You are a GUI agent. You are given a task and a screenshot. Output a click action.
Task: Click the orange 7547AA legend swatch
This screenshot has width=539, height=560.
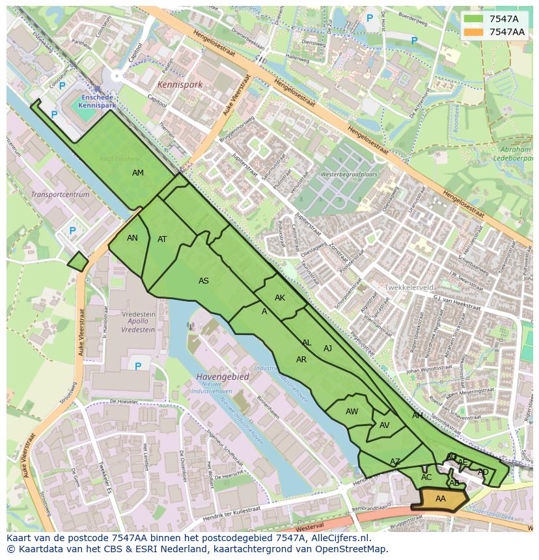(473, 32)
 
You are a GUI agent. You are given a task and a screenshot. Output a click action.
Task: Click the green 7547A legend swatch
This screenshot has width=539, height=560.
(473, 19)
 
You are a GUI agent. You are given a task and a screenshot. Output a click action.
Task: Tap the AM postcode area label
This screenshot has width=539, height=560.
(138, 173)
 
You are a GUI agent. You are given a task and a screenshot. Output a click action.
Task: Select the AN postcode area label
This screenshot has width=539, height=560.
(132, 238)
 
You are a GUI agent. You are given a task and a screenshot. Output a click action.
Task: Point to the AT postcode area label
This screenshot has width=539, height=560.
(162, 239)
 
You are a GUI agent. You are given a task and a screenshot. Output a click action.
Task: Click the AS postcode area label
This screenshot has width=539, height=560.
(204, 281)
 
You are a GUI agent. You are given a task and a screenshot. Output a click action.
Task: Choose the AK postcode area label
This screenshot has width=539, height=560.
(280, 298)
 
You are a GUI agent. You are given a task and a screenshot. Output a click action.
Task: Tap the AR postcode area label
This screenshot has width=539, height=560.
(301, 360)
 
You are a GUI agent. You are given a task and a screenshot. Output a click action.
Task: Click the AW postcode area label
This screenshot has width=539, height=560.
(352, 412)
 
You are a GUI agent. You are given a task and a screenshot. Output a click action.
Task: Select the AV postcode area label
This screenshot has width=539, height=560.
(384, 425)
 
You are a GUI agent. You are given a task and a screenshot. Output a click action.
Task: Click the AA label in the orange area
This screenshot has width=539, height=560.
(441, 499)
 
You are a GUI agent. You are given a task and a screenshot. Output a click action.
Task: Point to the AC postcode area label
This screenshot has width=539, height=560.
(426, 477)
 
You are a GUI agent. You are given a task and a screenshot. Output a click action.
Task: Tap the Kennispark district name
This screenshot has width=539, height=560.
(180, 85)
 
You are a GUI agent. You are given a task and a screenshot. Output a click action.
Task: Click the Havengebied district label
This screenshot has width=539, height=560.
(222, 377)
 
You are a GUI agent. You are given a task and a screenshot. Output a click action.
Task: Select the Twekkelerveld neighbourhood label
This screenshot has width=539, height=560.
(409, 287)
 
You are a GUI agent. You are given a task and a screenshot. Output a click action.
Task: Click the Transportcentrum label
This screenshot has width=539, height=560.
(60, 194)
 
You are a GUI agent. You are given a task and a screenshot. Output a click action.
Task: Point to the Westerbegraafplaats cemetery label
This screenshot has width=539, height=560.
(350, 175)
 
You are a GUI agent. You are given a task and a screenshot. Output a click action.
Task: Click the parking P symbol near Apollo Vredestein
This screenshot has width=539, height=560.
(138, 367)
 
